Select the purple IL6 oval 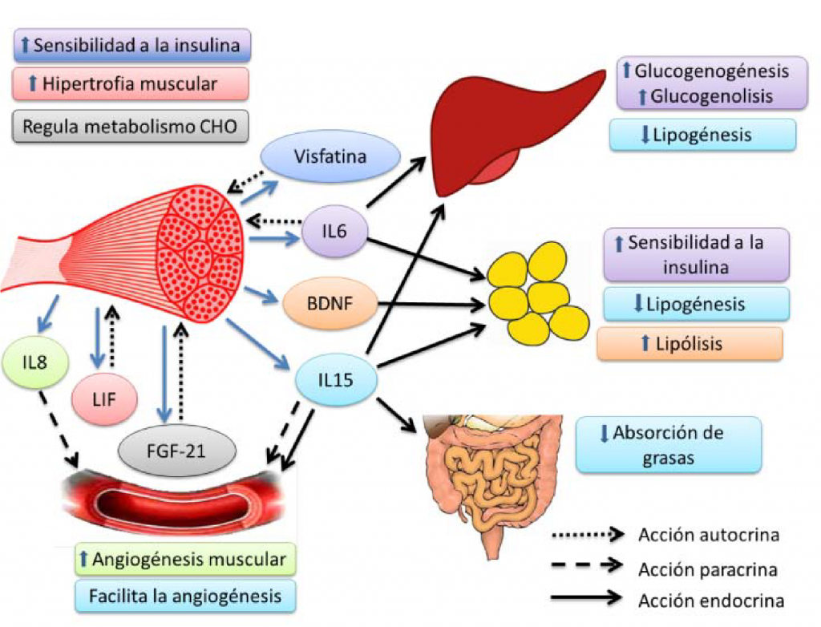coord(335,232)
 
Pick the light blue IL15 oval coord(335,379)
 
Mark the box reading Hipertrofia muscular coord(131,83)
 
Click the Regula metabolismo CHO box coord(131,126)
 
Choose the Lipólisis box coord(689,344)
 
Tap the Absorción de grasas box coord(667,443)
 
